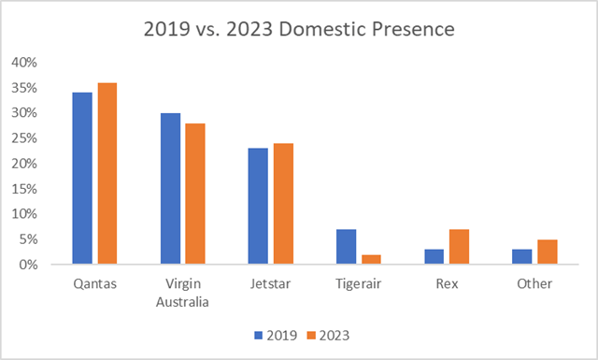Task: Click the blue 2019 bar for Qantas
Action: point(82,179)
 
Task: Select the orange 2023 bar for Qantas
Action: point(107,174)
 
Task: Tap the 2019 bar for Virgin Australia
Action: point(170,189)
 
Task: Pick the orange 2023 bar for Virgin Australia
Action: point(194,194)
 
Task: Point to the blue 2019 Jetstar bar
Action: point(258,207)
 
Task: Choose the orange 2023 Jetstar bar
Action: point(282,204)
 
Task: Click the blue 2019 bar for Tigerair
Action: point(346,247)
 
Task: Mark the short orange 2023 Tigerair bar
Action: point(370,260)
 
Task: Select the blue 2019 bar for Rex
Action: point(434,257)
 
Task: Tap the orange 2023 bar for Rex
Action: point(458,247)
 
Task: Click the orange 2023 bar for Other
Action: point(546,252)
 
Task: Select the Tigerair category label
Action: point(358,284)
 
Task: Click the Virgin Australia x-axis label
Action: point(182,292)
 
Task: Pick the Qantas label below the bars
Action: point(94,284)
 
